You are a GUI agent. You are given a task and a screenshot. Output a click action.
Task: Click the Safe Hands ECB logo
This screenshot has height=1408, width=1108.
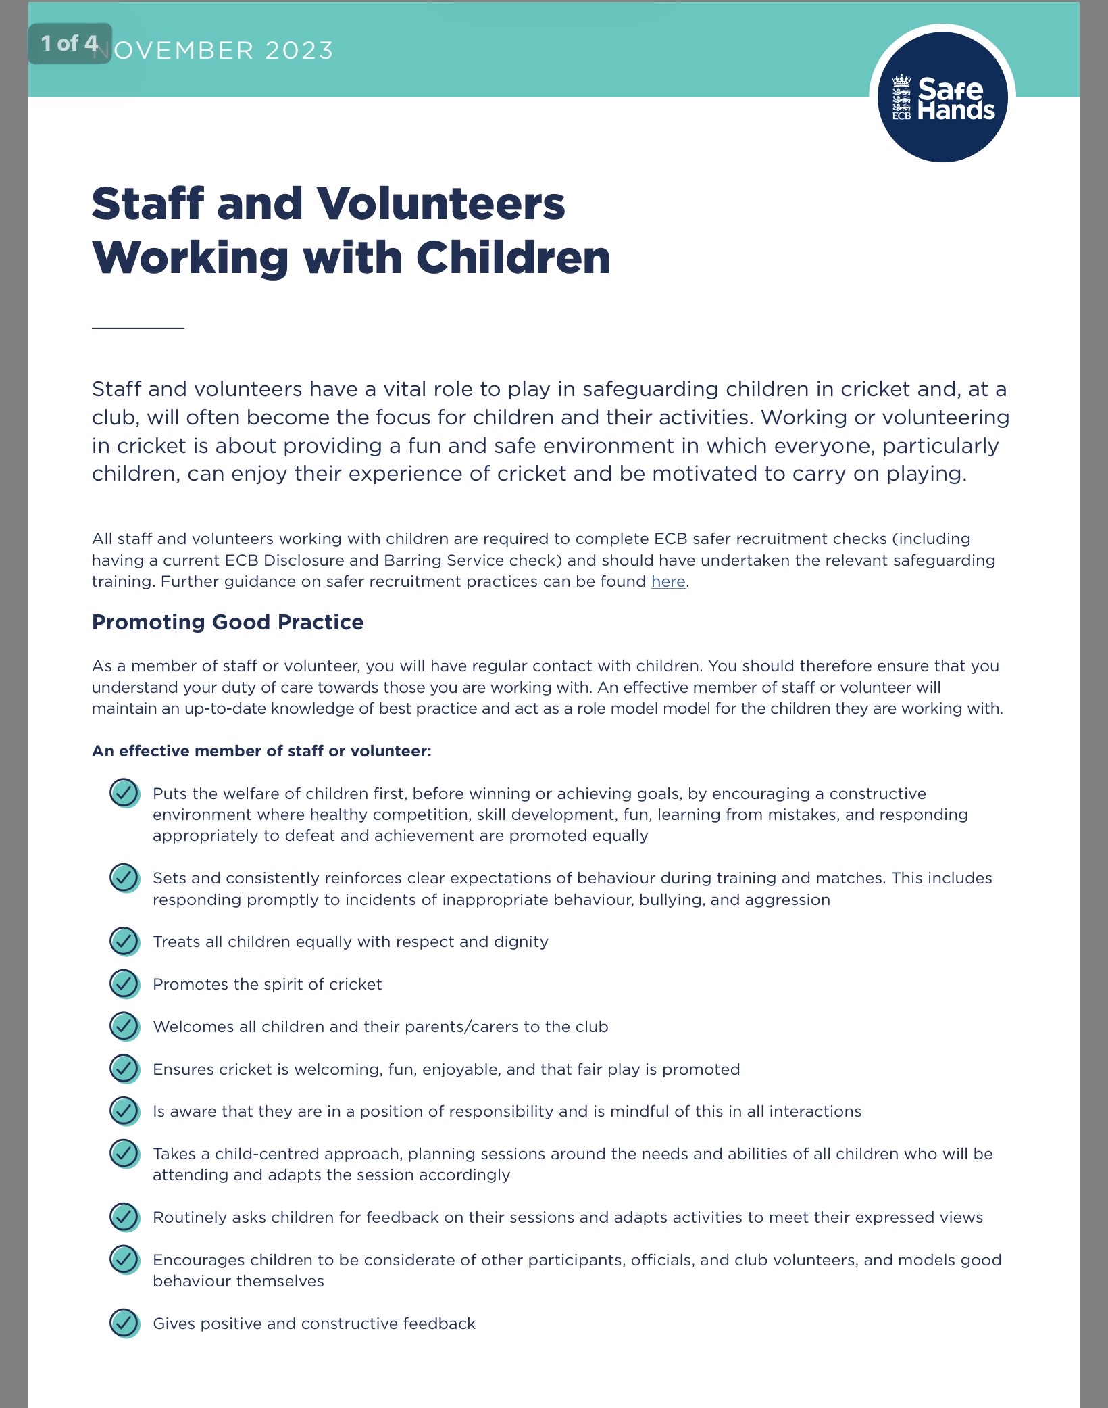point(942,97)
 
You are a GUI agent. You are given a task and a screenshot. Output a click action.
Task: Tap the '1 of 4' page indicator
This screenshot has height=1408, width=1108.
point(70,44)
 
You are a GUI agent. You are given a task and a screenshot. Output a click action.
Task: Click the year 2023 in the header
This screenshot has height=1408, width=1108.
point(299,51)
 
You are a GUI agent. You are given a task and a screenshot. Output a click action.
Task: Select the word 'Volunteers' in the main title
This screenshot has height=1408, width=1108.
point(440,203)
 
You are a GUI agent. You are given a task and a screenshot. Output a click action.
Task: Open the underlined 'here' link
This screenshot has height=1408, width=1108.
point(668,581)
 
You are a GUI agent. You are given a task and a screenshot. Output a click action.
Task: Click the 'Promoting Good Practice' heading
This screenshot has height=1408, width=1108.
point(228,622)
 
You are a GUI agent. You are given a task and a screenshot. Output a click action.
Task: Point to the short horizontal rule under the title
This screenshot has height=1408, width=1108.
point(138,328)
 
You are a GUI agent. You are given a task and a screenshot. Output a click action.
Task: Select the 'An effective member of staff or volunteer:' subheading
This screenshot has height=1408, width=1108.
point(261,751)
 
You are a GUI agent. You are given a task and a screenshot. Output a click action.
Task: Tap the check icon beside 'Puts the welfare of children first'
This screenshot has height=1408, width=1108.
point(124,793)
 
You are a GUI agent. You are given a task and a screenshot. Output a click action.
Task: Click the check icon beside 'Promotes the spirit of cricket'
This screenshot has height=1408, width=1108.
point(124,984)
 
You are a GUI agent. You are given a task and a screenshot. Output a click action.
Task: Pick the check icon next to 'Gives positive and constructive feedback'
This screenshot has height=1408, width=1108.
point(124,1323)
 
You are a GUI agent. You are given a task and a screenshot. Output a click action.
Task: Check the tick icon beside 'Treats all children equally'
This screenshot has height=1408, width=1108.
point(124,941)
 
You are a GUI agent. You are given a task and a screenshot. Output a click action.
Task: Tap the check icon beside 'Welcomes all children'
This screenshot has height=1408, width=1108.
point(124,1026)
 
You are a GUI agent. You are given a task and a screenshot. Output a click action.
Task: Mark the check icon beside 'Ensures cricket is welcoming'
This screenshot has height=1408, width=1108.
point(124,1069)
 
